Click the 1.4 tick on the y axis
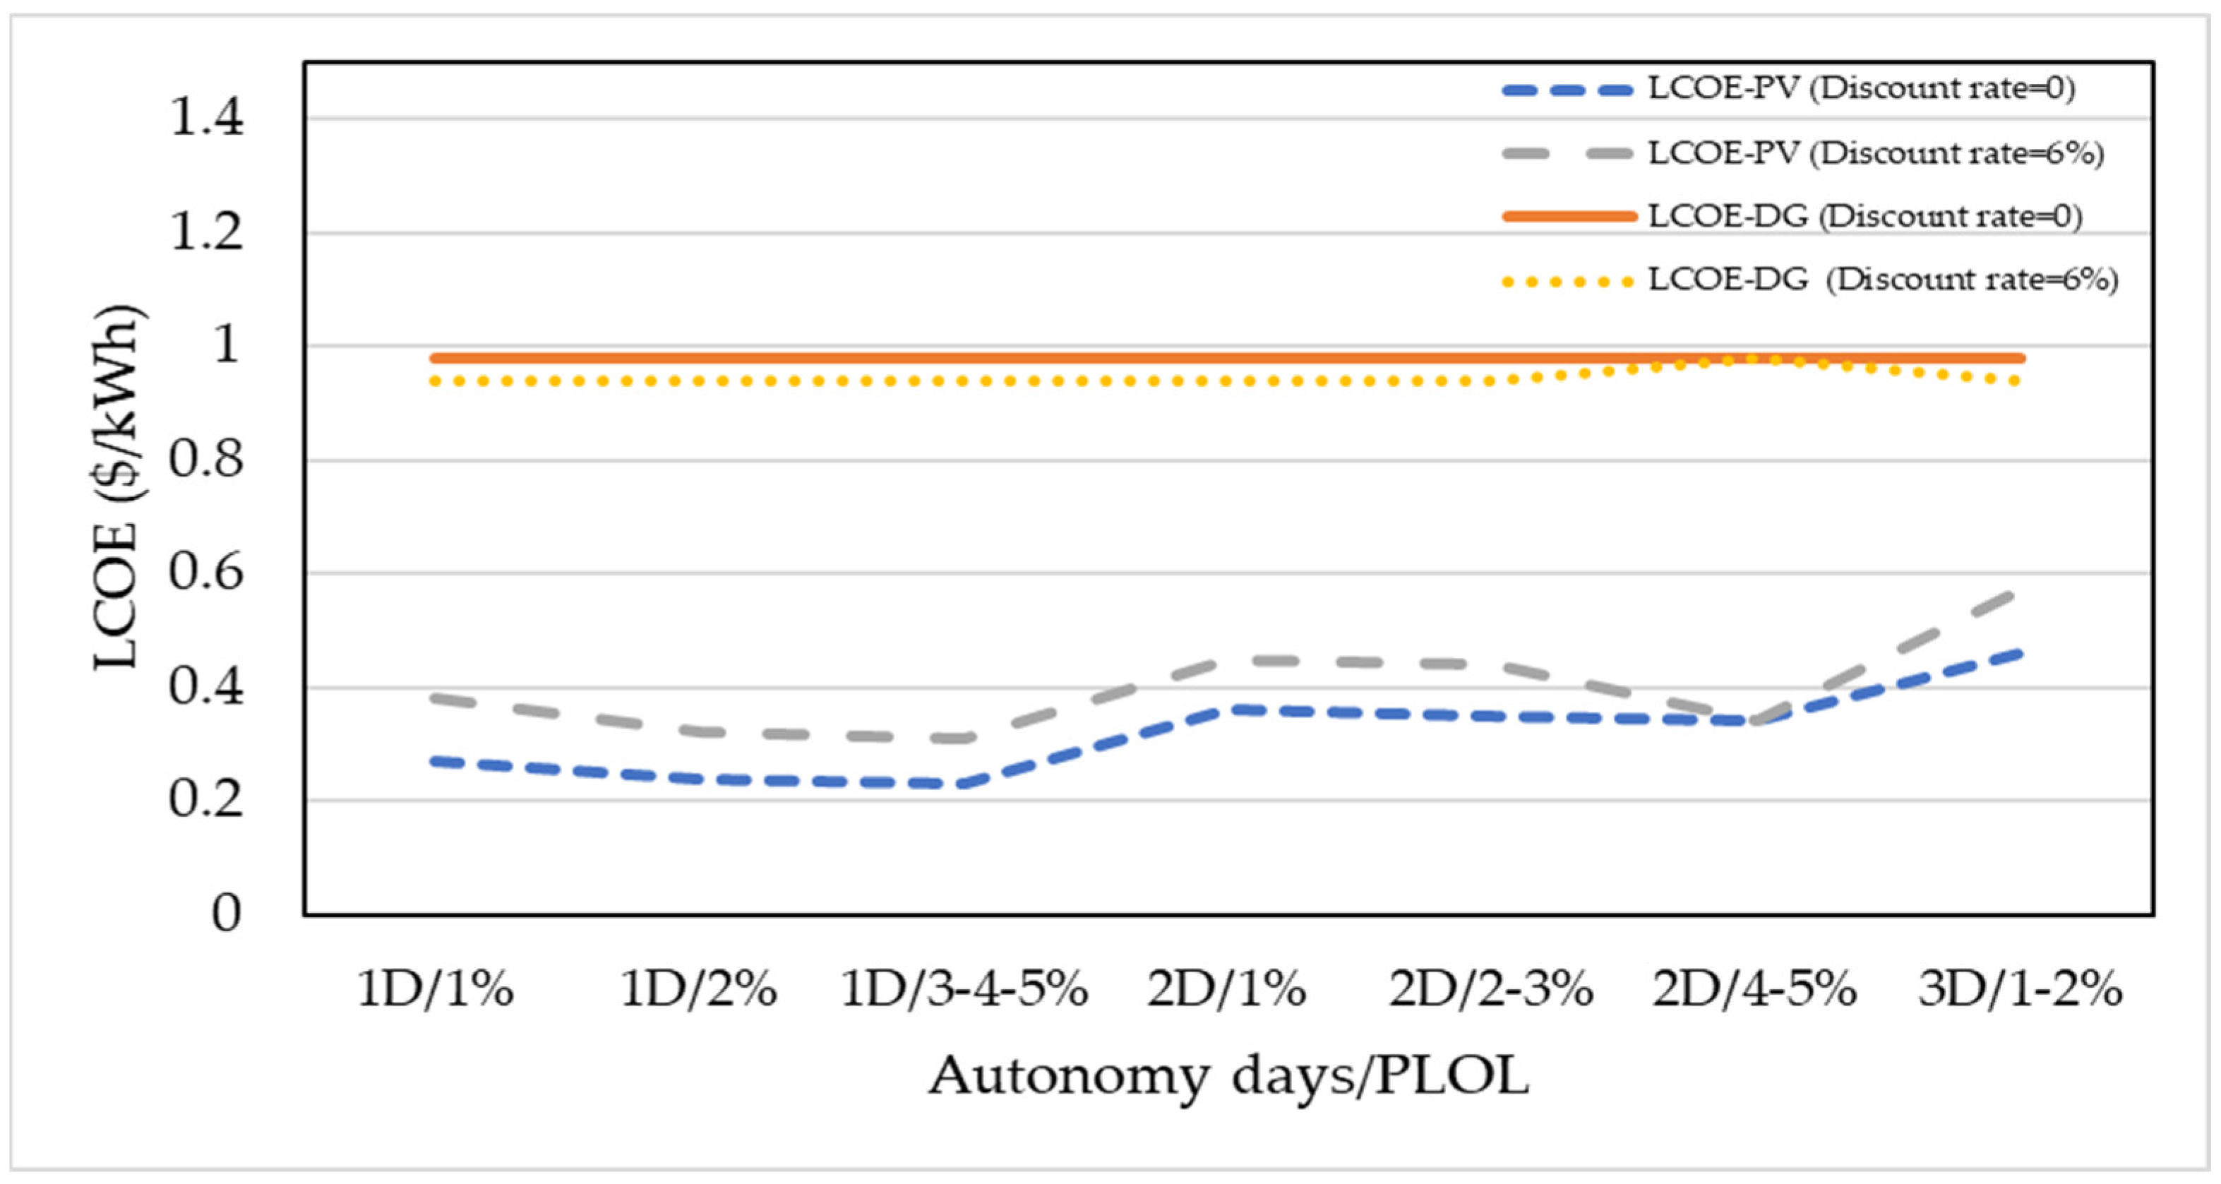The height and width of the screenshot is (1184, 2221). (x=207, y=118)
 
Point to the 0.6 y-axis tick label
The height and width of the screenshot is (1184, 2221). (x=207, y=573)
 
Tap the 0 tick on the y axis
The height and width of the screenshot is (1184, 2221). (x=226, y=913)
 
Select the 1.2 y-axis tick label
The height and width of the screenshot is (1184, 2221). (x=207, y=233)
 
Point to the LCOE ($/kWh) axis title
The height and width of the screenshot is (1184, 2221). (x=116, y=487)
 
